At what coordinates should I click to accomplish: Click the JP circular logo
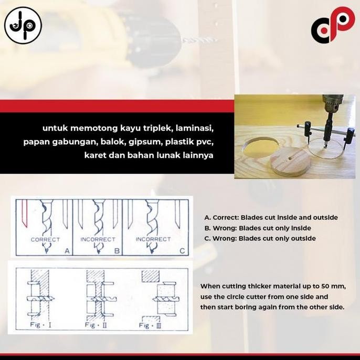coord(23,25)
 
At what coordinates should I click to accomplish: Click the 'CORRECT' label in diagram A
coord(45,239)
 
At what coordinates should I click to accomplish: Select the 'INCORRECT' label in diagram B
coord(98,239)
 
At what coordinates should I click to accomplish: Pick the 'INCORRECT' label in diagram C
coord(153,239)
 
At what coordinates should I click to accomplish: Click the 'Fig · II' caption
coord(94,325)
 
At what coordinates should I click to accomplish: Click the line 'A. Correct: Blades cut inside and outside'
coord(271,217)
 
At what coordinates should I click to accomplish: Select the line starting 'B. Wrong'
coord(258,228)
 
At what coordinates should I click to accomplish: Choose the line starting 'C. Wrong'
coord(260,238)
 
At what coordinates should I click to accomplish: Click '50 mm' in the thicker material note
coord(333,286)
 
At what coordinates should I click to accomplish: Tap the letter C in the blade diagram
coord(182,251)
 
